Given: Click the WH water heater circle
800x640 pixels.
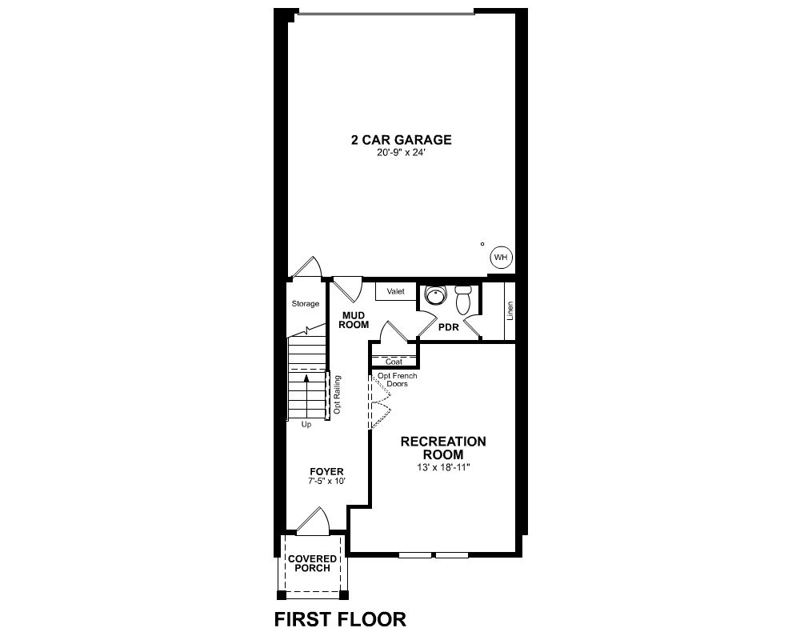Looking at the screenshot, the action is click(502, 258).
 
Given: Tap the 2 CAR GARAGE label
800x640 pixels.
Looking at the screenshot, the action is click(401, 140).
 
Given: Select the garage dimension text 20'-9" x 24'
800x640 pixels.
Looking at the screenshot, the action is click(401, 153).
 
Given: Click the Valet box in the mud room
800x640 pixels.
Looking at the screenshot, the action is click(396, 291).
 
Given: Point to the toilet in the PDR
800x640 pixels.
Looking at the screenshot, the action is click(464, 299).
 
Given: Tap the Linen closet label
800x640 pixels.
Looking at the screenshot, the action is click(510, 311).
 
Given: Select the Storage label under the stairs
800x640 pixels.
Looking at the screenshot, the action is click(306, 304).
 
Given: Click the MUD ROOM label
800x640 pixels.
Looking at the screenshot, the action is click(354, 321).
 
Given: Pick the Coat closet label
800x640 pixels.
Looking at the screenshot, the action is click(394, 362).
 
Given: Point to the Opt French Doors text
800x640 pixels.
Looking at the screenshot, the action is click(397, 380).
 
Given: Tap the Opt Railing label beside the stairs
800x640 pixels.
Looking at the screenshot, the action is click(337, 395).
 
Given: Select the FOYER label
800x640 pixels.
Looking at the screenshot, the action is click(327, 471).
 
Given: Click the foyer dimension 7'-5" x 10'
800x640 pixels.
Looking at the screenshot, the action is click(327, 481).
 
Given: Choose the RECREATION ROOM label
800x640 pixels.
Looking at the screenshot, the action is click(443, 447).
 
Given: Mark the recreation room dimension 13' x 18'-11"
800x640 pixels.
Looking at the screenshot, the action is click(443, 467).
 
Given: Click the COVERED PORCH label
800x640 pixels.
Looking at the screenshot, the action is click(312, 563).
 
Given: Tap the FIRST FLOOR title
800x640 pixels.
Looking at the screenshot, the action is click(340, 619).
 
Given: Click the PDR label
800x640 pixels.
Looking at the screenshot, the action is click(449, 327).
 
